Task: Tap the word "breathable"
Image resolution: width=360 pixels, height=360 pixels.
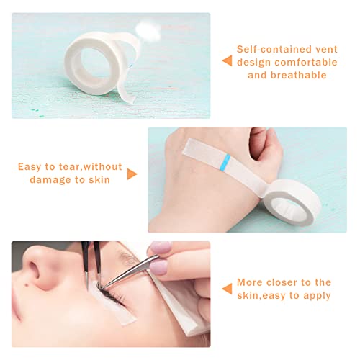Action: (299, 75)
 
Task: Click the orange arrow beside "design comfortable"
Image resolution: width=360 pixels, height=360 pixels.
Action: (227, 60)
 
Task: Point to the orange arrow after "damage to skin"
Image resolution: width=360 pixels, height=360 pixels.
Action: (132, 174)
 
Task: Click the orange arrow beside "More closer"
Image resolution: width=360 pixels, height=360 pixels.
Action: (227, 289)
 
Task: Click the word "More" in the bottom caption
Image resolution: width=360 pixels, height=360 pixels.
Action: (249, 282)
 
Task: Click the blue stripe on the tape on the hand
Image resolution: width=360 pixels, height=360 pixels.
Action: (225, 161)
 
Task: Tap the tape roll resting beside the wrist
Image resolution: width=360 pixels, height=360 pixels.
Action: (292, 202)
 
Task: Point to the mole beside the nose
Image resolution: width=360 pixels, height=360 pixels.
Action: (27, 286)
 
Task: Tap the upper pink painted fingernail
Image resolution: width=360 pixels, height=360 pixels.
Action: (160, 248)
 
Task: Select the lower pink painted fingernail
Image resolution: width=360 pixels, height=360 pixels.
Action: (158, 266)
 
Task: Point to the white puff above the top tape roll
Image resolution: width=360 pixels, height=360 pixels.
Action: (148, 31)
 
